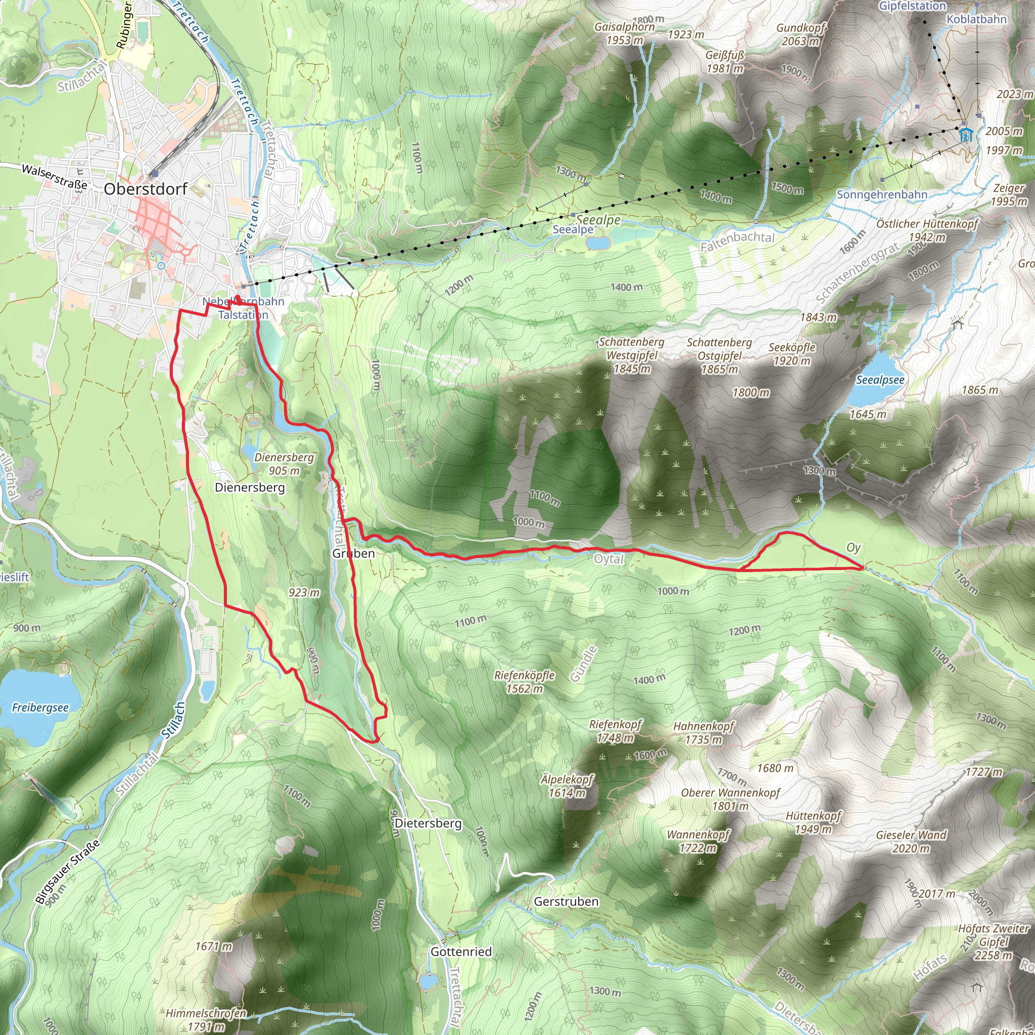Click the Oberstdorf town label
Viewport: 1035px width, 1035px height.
(x=145, y=189)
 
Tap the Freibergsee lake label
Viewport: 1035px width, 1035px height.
(x=40, y=708)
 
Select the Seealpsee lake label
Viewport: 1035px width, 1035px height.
(x=880, y=380)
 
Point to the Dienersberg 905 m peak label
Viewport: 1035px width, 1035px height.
(x=284, y=464)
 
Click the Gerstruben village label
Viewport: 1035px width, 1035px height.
(x=566, y=902)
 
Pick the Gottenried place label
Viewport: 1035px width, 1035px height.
(x=461, y=952)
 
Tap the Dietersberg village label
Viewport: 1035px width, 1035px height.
(x=428, y=823)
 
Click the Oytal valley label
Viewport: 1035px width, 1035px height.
(x=609, y=559)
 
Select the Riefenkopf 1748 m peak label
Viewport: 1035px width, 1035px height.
(x=615, y=731)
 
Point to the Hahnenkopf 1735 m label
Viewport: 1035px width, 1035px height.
(x=703, y=733)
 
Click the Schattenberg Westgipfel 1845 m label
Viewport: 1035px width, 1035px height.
(x=632, y=355)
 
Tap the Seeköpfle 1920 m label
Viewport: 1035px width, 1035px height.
(x=792, y=354)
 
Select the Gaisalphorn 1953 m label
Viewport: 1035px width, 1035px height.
(x=625, y=33)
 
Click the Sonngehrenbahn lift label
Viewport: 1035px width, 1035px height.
(x=882, y=195)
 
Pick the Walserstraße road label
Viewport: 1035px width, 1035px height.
(x=54, y=176)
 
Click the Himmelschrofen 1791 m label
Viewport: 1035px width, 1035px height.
(x=206, y=1020)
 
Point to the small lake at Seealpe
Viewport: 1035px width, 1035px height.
(x=598, y=243)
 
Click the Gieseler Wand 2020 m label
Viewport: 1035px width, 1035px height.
(x=911, y=841)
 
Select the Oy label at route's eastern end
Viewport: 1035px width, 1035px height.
(x=854, y=547)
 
